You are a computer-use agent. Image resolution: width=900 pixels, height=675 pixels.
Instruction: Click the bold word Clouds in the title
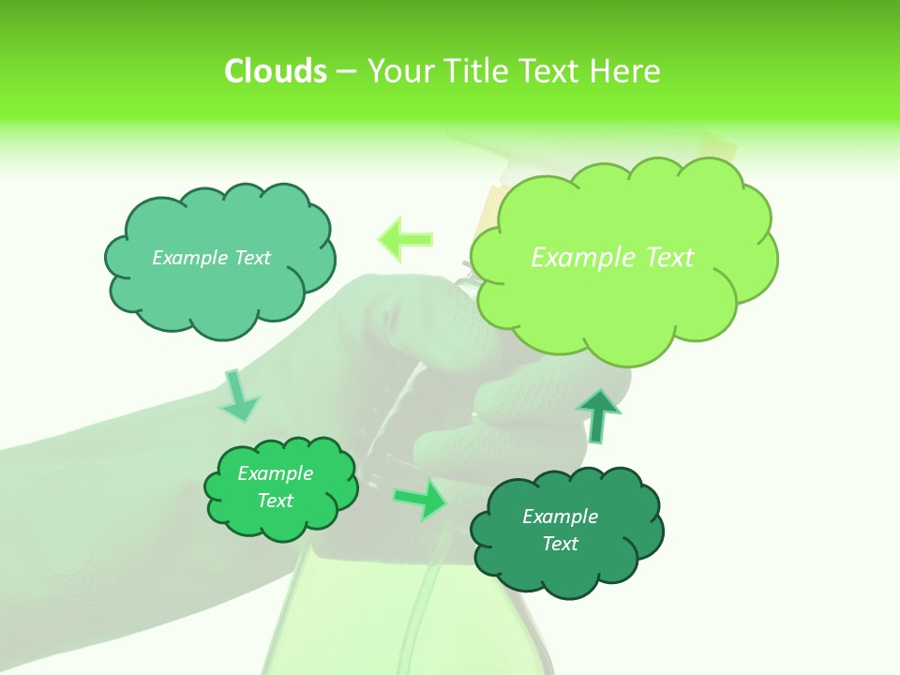point(275,71)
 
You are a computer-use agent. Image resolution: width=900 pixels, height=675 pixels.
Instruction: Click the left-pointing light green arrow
point(406,239)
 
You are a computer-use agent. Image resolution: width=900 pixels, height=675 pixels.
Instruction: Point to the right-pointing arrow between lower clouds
point(419,500)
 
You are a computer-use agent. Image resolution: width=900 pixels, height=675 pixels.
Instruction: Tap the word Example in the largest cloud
point(574,257)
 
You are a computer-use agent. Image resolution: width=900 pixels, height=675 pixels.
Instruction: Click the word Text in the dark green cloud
point(560,544)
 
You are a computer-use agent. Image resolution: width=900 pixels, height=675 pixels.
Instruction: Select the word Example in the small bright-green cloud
point(275,473)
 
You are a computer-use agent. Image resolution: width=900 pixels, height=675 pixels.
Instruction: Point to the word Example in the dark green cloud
point(560,517)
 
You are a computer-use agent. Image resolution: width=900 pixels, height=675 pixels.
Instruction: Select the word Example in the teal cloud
point(187,257)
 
